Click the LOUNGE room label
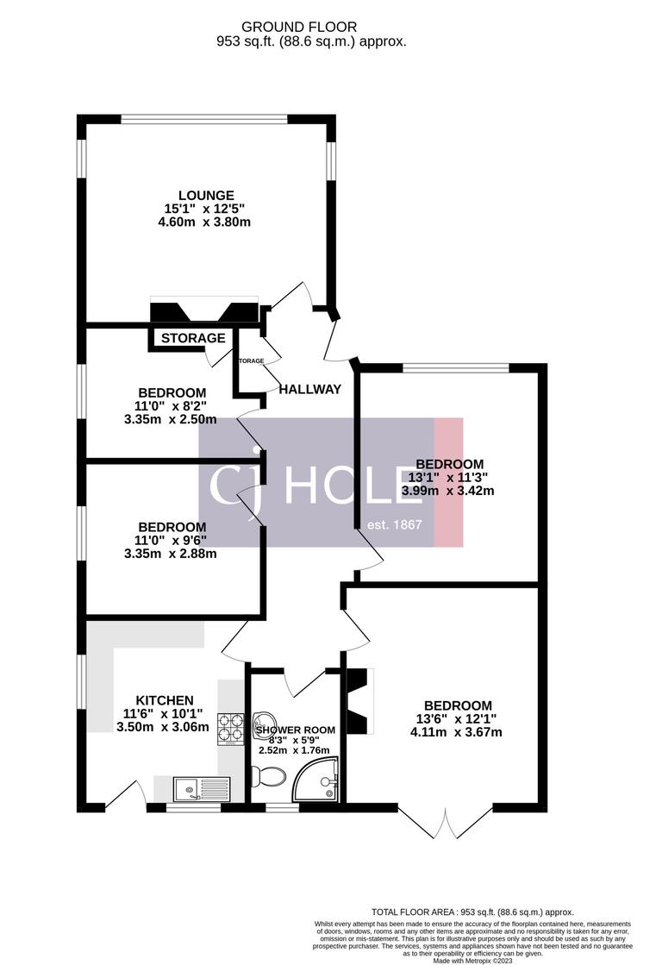pos(206,196)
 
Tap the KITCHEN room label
pos(164,700)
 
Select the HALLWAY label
pos(309,390)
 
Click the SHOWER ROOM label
pos(295,730)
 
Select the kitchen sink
pos(200,789)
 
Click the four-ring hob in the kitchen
pos(231,727)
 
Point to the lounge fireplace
pos(205,312)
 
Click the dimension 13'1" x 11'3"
pos(448,478)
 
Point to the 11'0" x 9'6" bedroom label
pos(172,528)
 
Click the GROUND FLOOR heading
pos(311,28)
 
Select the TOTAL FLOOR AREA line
pos(472,912)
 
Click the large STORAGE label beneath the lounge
pos(193,338)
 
